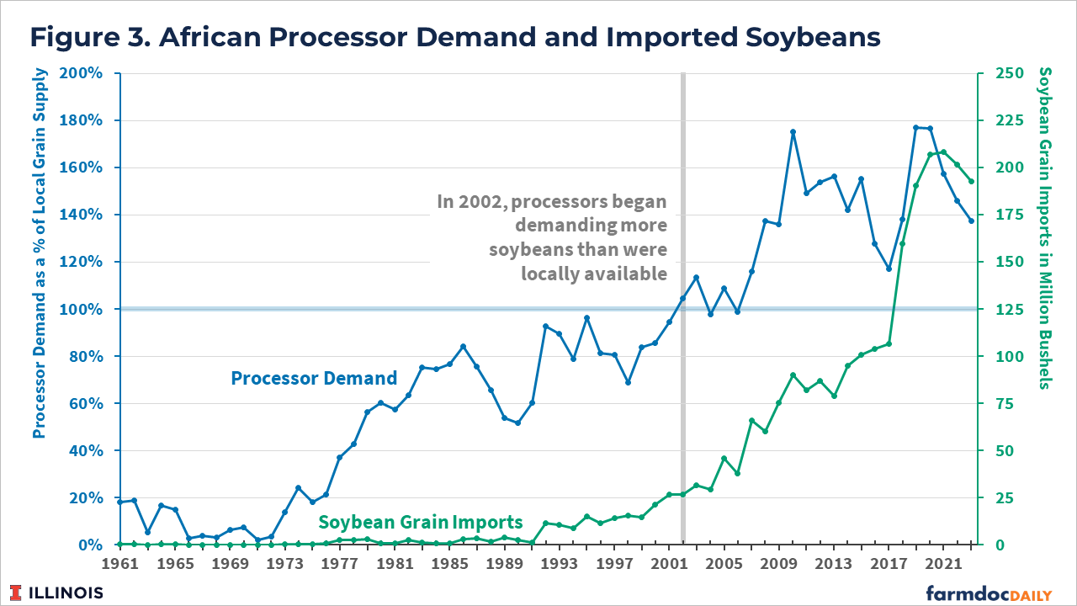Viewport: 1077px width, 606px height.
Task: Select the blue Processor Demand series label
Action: tap(314, 378)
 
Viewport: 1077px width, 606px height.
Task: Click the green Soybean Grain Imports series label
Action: tap(421, 522)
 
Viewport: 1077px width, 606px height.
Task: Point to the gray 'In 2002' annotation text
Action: tap(551, 237)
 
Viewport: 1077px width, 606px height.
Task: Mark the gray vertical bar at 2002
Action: tap(683, 421)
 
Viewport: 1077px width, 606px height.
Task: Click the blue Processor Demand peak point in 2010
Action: tap(793, 132)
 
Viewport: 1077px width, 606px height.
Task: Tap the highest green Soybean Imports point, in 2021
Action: tap(943, 152)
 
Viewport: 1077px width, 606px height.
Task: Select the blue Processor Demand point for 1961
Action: tap(120, 502)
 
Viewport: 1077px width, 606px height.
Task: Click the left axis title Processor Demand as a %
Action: tap(39, 252)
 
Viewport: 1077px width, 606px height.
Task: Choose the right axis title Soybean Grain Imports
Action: tap(1044, 227)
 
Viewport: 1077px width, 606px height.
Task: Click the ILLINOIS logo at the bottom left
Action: tap(57, 593)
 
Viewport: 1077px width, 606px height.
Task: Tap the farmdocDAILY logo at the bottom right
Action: tap(989, 593)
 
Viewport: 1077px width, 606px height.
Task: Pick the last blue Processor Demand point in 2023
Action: tap(971, 221)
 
